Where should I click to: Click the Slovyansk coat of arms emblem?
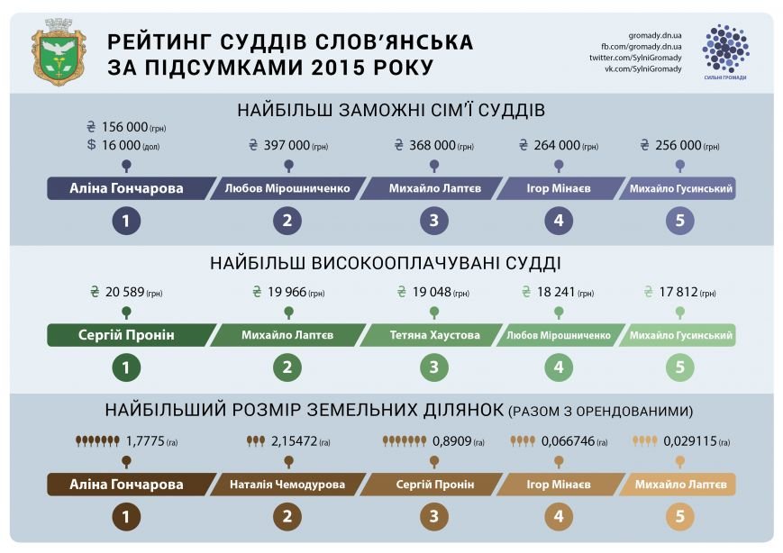[59, 52]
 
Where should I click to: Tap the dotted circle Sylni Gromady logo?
[725, 49]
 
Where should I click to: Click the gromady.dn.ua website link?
[655, 35]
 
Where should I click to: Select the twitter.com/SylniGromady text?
[635, 58]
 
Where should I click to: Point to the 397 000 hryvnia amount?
[288, 145]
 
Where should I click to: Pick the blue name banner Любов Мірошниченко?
[287, 188]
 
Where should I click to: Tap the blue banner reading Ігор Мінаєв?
[559, 188]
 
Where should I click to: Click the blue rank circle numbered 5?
[679, 221]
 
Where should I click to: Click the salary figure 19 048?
[432, 292]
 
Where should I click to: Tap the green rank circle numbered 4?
[559, 367]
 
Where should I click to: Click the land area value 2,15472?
[288, 441]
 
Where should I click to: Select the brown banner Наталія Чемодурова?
[287, 485]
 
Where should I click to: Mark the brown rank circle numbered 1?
[126, 517]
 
